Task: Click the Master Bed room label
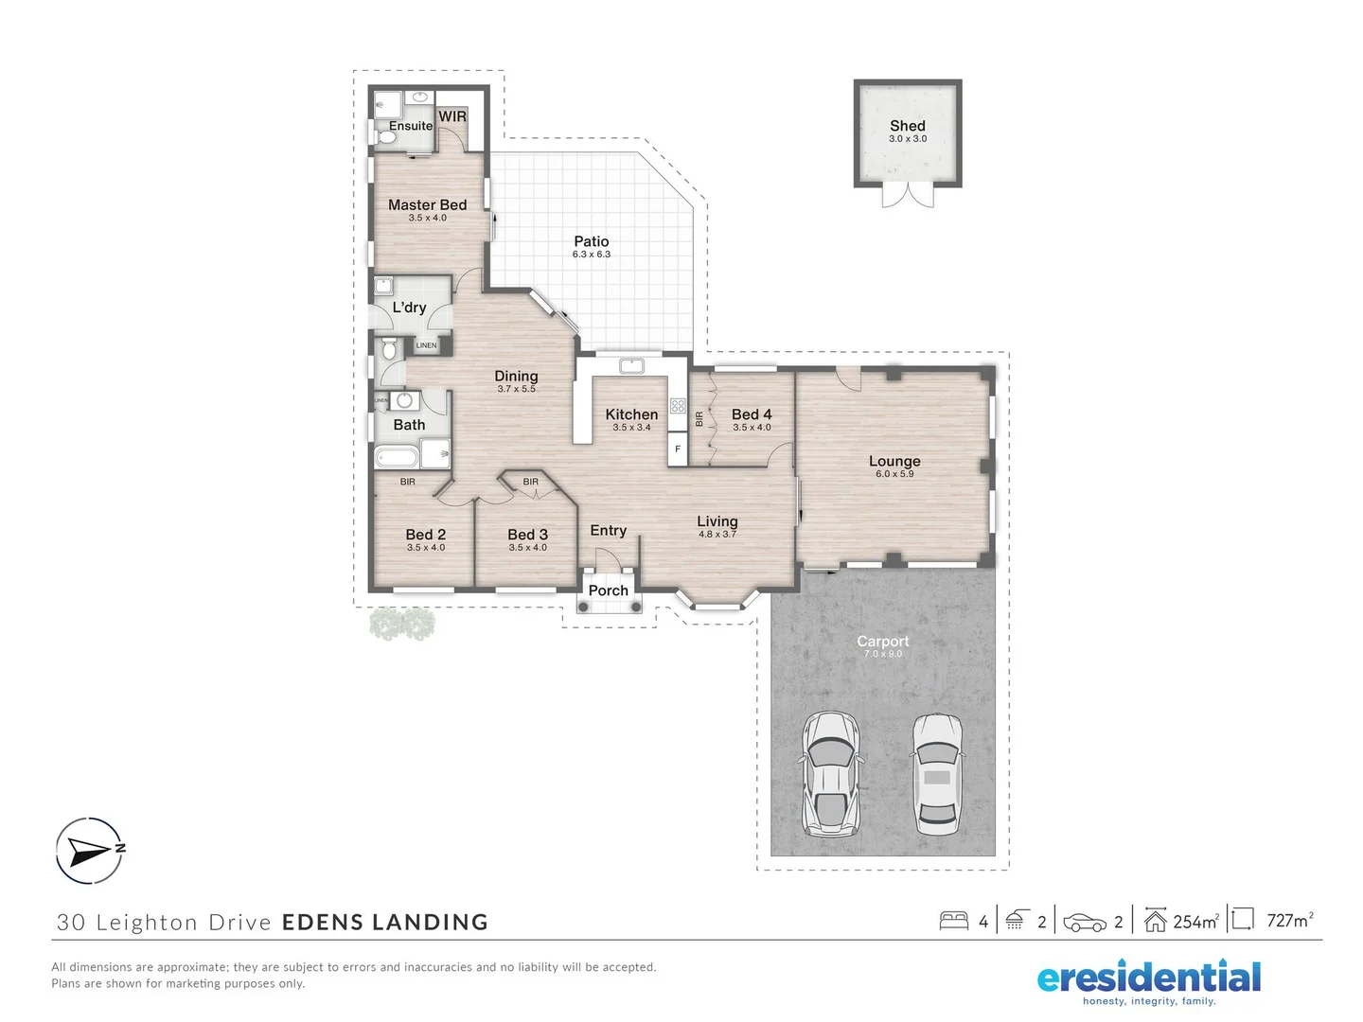click(x=427, y=204)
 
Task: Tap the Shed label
click(x=907, y=126)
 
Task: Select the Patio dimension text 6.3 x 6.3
click(x=591, y=255)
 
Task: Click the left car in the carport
click(x=831, y=774)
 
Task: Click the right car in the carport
click(x=937, y=774)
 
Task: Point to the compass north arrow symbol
click(x=89, y=851)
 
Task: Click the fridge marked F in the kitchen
click(x=678, y=449)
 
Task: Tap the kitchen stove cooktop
click(x=678, y=406)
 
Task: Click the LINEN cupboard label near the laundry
click(x=426, y=345)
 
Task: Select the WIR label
click(x=452, y=116)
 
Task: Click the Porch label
click(x=608, y=590)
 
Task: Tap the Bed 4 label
click(x=752, y=414)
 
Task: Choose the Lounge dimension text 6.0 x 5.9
click(x=894, y=474)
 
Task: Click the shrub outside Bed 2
click(x=402, y=624)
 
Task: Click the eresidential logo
click(x=1149, y=980)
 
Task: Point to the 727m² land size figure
click(x=1289, y=921)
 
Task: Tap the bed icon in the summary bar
click(x=953, y=921)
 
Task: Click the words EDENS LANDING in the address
click(x=385, y=923)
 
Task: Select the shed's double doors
click(x=908, y=195)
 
